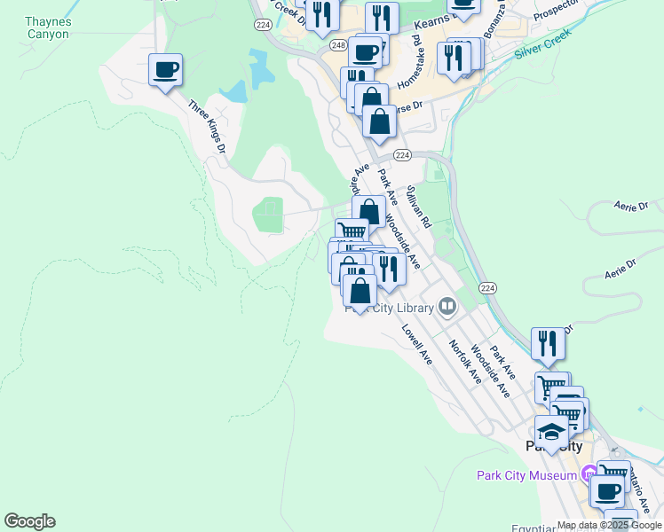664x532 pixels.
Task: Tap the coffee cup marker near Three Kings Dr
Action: point(165,70)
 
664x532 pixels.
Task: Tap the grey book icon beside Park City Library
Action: point(447,308)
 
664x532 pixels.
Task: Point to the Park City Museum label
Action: point(527,475)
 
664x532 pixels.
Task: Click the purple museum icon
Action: point(589,475)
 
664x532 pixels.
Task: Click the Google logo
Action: point(29,521)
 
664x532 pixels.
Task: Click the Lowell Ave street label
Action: point(415,345)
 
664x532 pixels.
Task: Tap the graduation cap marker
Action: point(552,434)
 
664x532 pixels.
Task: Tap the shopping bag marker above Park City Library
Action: point(360,291)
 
